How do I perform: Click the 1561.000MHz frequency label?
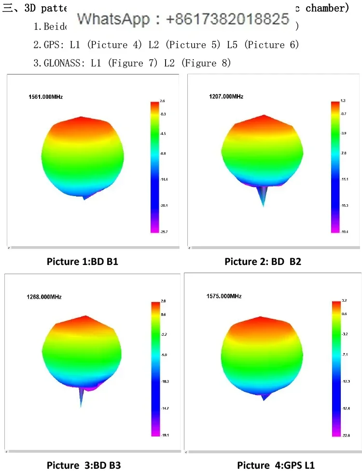[46, 97]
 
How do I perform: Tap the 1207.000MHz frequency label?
[226, 96]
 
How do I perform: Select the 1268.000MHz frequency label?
[44, 297]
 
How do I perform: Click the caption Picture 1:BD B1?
[83, 262]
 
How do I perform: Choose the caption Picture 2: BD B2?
[263, 262]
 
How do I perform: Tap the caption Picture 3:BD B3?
[84, 465]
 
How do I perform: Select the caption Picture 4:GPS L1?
[276, 465]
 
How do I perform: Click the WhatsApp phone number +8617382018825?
[227, 19]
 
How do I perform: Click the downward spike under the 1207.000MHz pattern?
[263, 198]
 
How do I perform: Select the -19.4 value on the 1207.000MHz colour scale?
[344, 232]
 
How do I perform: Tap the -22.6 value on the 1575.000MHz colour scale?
[345, 435]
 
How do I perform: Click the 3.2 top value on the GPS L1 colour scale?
[344, 300]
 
